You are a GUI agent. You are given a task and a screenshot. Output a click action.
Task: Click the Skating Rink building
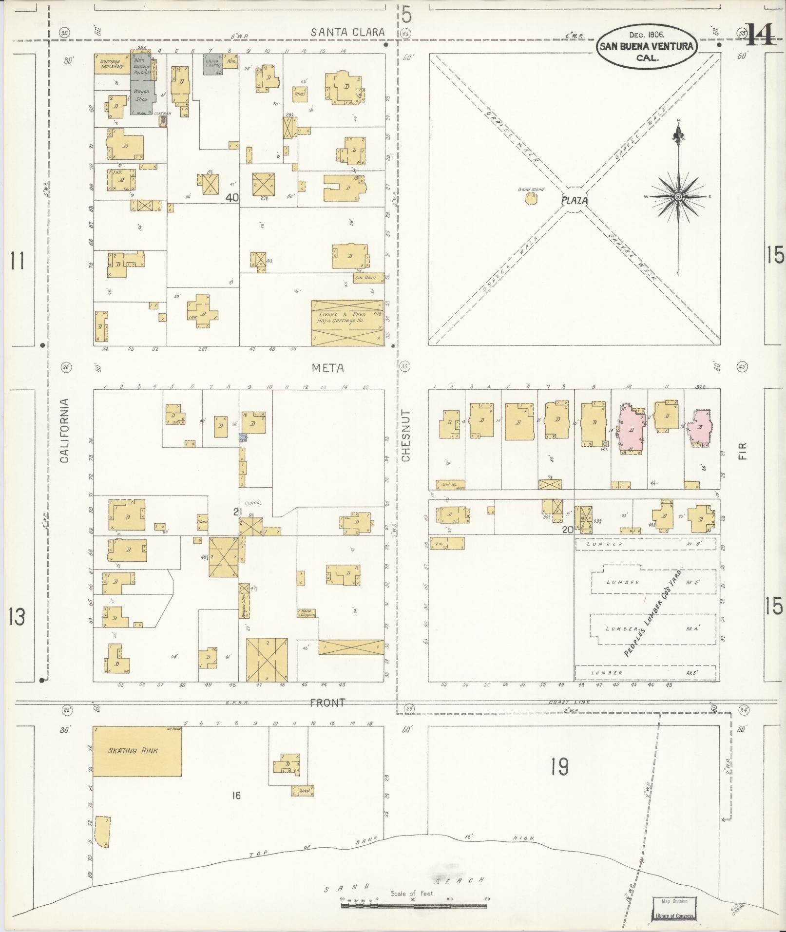(x=137, y=751)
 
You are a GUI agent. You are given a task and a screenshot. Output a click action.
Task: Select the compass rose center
(x=678, y=196)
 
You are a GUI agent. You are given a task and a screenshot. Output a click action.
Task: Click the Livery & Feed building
(x=347, y=323)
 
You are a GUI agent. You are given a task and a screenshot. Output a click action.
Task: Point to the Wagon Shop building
(x=141, y=95)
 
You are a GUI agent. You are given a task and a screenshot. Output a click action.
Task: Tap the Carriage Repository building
(x=112, y=64)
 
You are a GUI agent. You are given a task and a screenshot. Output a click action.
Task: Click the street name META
(x=327, y=368)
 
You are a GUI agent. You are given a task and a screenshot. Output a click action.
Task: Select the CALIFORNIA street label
(x=64, y=431)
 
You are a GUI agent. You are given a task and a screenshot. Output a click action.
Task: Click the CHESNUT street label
(x=406, y=436)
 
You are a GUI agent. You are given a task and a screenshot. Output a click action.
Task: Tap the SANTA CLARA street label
(x=348, y=33)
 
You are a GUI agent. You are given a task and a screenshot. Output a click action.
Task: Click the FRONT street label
(x=327, y=703)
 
